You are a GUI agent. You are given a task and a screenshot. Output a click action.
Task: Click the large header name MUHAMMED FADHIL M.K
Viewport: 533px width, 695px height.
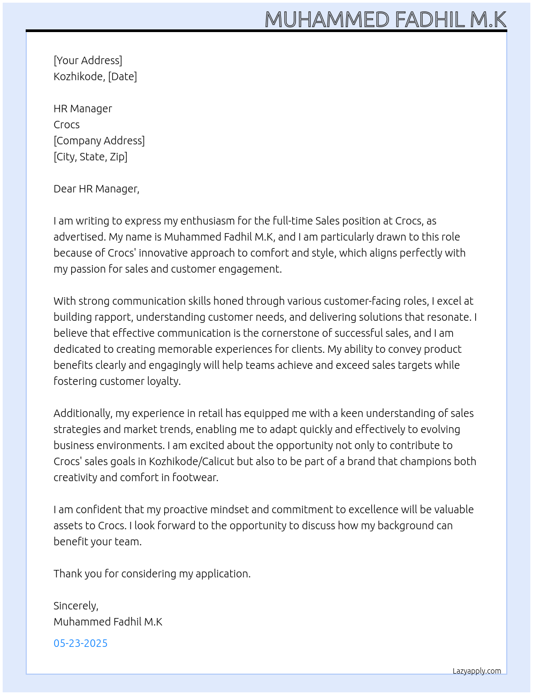coord(385,20)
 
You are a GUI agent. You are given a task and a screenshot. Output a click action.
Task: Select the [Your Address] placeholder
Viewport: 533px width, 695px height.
coord(88,60)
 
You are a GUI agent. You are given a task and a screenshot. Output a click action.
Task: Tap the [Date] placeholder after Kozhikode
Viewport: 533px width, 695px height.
coord(123,76)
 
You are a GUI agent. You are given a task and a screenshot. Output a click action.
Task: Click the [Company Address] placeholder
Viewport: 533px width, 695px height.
coord(99,141)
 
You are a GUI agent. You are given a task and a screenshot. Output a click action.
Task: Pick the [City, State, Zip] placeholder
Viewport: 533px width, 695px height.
coord(90,157)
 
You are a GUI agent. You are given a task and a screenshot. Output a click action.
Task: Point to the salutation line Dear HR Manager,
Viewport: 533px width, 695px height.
coord(96,189)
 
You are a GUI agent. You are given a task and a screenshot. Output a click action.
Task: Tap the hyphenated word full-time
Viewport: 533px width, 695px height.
coord(292,221)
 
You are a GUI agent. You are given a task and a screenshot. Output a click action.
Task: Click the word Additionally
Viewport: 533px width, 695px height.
coord(83,413)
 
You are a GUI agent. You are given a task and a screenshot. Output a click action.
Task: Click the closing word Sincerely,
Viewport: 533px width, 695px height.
coord(76,606)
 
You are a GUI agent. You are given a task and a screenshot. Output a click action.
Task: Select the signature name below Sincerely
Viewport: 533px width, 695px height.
coord(108,622)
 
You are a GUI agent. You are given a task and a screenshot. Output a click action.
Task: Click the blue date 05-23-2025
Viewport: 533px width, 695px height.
coord(80,643)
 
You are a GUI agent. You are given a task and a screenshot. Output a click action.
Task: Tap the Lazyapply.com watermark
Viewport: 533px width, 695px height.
coord(477,671)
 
